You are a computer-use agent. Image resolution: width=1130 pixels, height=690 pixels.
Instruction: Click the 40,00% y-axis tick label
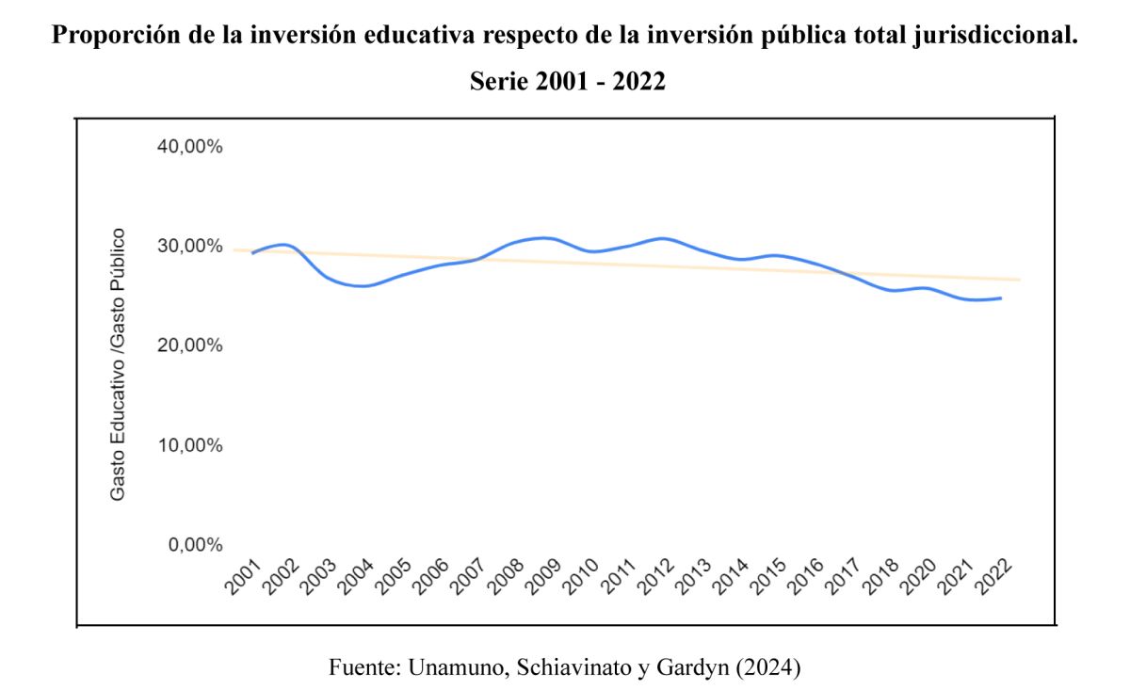(188, 147)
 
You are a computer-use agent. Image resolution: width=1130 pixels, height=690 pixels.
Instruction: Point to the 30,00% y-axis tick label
(188, 247)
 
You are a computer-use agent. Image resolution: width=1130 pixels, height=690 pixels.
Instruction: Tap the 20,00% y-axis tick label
(188, 345)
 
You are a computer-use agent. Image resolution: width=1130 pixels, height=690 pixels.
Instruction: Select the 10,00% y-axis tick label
(188, 445)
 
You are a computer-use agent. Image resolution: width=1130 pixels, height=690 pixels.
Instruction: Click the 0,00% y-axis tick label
(193, 545)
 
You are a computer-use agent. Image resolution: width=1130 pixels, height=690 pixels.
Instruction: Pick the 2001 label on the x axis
(243, 576)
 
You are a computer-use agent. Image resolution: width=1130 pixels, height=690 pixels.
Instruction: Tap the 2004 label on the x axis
(355, 576)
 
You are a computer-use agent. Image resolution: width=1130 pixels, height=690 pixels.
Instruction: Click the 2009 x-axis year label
(543, 576)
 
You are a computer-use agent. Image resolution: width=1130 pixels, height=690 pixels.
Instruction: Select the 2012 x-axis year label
(655, 576)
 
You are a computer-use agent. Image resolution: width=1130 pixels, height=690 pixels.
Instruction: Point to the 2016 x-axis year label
(806, 576)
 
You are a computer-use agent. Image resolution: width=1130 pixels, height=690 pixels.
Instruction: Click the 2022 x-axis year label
(993, 576)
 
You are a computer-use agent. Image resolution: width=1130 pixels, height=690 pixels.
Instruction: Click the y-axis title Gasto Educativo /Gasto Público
(118, 363)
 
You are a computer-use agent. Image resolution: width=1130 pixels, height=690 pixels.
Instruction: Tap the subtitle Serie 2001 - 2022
(567, 82)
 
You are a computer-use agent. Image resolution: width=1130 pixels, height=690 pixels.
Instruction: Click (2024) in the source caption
(768, 668)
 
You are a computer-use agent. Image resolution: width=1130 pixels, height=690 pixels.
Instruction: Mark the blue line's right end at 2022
(1001, 298)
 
